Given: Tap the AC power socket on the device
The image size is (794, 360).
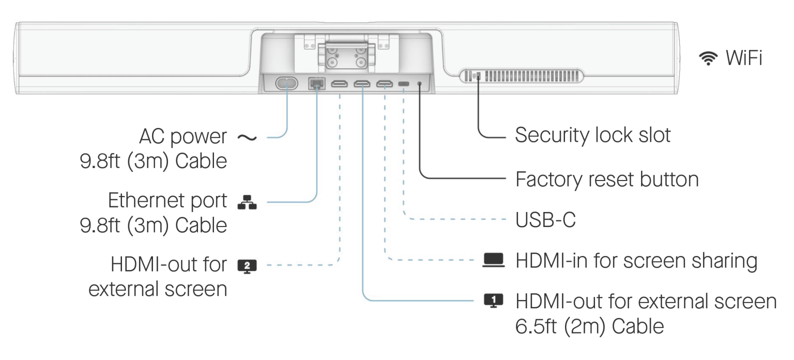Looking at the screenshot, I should click(286, 83).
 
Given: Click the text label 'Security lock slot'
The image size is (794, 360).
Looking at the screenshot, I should click(592, 135).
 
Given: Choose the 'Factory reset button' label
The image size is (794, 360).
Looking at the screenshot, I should click(607, 179).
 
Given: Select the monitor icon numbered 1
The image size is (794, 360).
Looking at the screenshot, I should click(493, 300).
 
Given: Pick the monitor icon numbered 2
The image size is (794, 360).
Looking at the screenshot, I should click(247, 266).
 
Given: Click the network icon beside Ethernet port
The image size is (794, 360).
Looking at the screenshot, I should click(247, 202).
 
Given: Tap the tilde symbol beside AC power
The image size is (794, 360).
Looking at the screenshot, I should click(247, 137).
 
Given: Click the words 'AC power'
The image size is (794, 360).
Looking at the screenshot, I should click(183, 137).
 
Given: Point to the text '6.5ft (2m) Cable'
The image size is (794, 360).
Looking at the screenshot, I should click(589, 326).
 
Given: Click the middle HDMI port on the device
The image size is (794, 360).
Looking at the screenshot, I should click(362, 84).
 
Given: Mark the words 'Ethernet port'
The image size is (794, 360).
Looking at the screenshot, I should click(167, 201).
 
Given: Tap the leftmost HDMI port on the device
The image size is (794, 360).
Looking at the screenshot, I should click(340, 84).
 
